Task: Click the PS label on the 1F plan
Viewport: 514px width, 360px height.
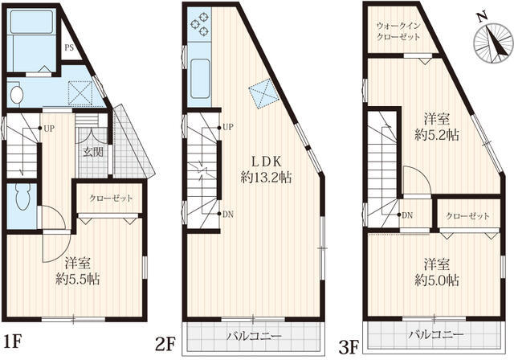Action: click(x=69, y=48)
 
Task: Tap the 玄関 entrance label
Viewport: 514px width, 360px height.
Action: click(x=93, y=152)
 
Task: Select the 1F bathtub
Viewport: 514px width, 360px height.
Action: click(x=31, y=22)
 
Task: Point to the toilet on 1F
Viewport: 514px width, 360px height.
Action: click(x=22, y=197)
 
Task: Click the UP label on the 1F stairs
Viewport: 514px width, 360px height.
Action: click(x=49, y=129)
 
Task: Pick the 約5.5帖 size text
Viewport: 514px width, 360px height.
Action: click(x=78, y=279)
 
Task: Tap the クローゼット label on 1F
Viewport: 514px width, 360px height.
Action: click(x=111, y=198)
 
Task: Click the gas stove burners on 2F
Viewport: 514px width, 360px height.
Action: click(x=200, y=24)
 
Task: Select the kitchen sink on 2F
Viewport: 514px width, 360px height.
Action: click(x=200, y=79)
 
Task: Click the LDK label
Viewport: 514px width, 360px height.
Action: click(x=266, y=162)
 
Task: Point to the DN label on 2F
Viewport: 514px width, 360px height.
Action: click(x=228, y=215)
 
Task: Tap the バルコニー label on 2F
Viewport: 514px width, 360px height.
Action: click(x=255, y=337)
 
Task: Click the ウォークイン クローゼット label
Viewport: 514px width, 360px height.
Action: click(x=398, y=31)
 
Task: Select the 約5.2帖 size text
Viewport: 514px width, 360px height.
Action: click(x=437, y=135)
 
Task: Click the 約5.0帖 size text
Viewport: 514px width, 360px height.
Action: click(x=437, y=280)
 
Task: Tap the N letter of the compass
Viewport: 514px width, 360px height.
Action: click(x=482, y=18)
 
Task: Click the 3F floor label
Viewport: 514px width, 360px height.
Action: click(x=349, y=347)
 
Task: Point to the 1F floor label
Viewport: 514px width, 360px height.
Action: click(x=13, y=342)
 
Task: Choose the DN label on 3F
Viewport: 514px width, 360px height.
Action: click(x=407, y=215)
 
